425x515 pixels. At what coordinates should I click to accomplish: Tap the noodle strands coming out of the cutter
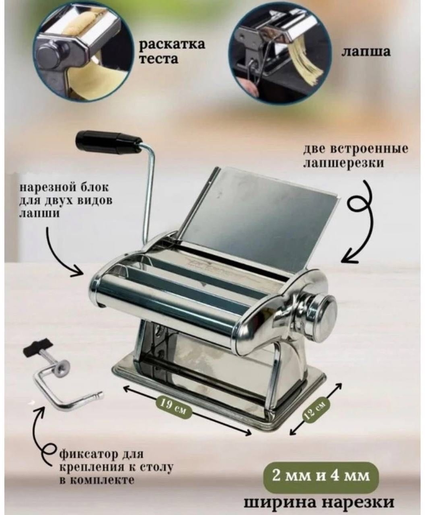(308, 66)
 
